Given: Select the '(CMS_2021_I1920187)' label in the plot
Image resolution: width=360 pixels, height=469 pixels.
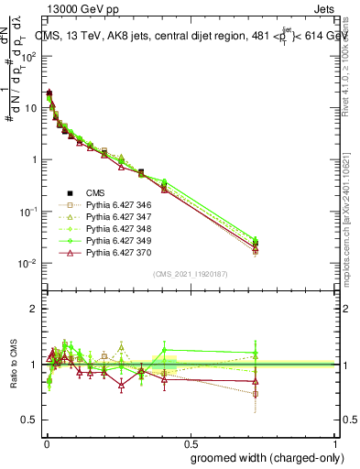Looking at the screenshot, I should (x=191, y=274).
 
